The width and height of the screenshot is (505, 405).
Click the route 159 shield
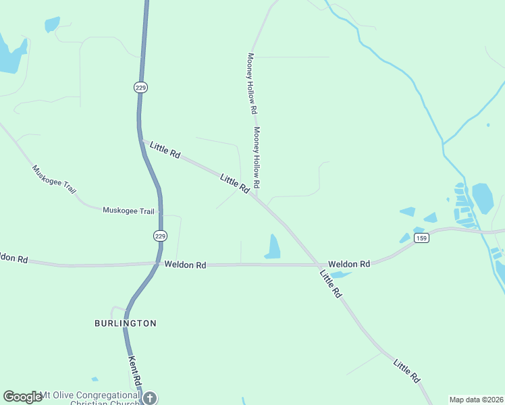421,239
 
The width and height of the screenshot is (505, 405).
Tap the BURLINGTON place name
125,323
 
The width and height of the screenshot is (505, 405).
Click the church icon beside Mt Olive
150,398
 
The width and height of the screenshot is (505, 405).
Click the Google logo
22,397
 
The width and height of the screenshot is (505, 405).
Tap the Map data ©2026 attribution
476,400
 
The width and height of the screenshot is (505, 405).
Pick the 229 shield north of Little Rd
140,88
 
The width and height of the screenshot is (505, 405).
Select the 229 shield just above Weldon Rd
159,236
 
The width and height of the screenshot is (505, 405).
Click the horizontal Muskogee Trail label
128,211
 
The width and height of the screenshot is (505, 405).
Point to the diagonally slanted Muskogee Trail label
54,179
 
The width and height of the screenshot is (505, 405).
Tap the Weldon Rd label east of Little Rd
349,264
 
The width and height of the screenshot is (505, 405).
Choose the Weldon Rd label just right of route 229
185,265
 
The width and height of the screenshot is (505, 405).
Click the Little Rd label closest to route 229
165,150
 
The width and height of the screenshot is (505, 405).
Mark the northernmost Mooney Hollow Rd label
252,82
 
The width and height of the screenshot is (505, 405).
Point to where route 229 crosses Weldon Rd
157,264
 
